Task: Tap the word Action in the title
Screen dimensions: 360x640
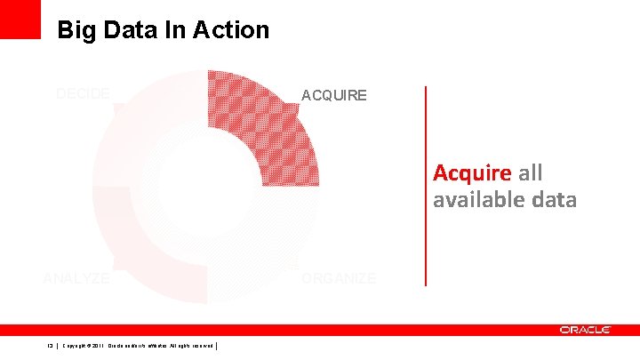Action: click(x=228, y=30)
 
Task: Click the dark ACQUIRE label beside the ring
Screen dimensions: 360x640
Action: click(x=333, y=95)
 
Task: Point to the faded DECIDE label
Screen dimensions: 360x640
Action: click(x=83, y=93)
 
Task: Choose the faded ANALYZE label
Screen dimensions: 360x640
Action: click(x=76, y=278)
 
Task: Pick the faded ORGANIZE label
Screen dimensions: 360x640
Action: click(x=339, y=278)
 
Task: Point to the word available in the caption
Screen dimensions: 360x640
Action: click(x=481, y=201)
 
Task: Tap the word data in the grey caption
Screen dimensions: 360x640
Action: click(x=555, y=201)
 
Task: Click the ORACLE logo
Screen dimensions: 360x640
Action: click(x=585, y=330)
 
